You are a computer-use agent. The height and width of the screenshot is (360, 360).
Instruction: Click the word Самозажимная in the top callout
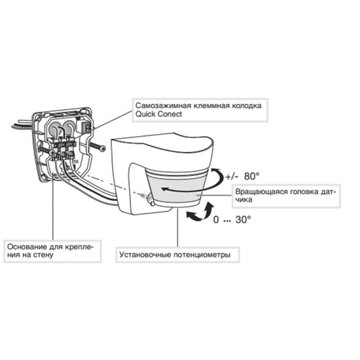[163, 106]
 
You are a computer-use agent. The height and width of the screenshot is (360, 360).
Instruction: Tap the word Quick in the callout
[143, 114]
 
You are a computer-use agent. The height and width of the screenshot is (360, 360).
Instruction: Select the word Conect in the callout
[168, 114]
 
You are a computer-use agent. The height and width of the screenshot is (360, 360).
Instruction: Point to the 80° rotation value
[252, 176]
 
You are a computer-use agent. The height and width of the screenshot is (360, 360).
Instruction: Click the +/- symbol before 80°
[232, 177]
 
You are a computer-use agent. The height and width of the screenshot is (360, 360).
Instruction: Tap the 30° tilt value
[243, 220]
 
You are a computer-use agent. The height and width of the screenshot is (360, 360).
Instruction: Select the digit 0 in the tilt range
[216, 220]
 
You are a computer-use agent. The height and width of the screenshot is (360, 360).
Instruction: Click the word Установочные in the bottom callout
[145, 255]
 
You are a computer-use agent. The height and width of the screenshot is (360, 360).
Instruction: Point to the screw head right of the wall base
[103, 149]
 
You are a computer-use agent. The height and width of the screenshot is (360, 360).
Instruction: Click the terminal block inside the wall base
[62, 149]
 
